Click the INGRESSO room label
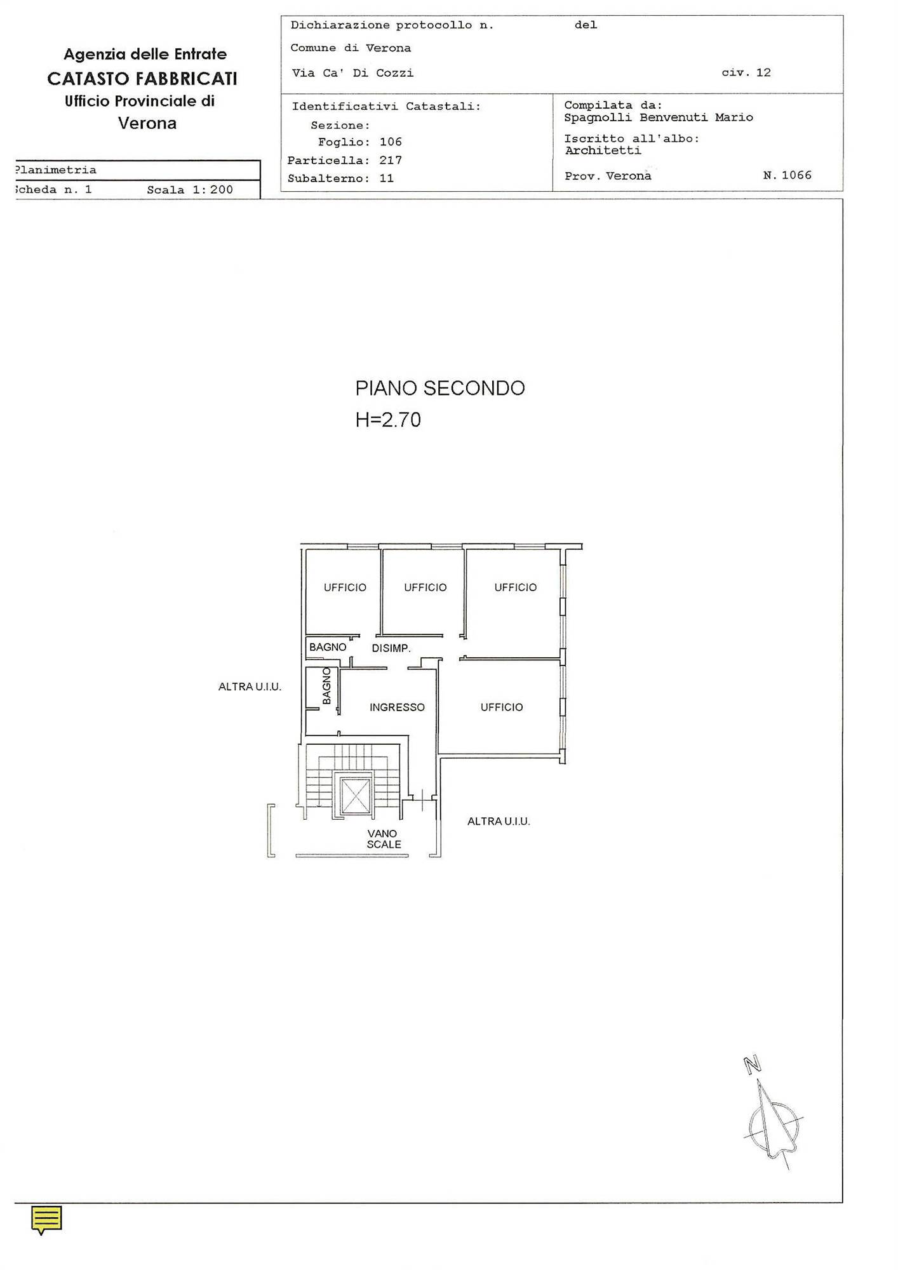[x=397, y=707]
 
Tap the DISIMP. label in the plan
[x=391, y=648]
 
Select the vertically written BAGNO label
[x=326, y=686]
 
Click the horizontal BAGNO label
[x=328, y=647]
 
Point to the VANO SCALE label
[x=384, y=839]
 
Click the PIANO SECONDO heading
[x=440, y=388]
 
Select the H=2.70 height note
[x=388, y=420]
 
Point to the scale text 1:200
[x=213, y=190]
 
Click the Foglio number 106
[x=391, y=142]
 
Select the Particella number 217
[x=391, y=161]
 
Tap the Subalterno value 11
[x=387, y=178]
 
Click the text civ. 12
[x=746, y=72]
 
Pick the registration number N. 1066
[x=787, y=175]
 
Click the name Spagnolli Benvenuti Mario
[x=659, y=117]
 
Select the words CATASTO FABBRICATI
[x=142, y=79]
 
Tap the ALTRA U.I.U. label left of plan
[x=250, y=686]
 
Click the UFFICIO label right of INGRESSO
[x=502, y=707]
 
